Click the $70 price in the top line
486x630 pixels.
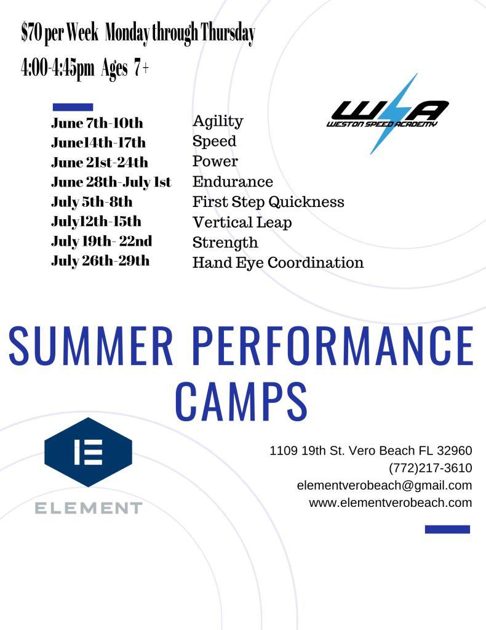click(32, 33)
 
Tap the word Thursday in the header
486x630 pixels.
click(228, 33)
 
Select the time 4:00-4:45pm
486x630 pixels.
click(57, 68)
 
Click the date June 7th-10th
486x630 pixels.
click(97, 123)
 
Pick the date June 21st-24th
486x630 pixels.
click(100, 163)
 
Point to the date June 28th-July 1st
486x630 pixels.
click(111, 182)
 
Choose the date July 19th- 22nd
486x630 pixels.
click(102, 241)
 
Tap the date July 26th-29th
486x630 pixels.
click(100, 261)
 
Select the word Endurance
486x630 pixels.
click(233, 182)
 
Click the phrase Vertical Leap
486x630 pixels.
click(242, 222)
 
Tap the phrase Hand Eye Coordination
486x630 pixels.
click(278, 263)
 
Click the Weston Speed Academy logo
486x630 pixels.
click(388, 114)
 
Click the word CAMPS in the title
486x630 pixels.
click(242, 402)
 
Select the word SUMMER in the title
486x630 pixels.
click(90, 346)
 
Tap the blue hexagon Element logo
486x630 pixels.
click(89, 452)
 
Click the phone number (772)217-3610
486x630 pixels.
click(430, 468)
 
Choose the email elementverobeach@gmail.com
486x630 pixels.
click(384, 485)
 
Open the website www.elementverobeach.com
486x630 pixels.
click(391, 503)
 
